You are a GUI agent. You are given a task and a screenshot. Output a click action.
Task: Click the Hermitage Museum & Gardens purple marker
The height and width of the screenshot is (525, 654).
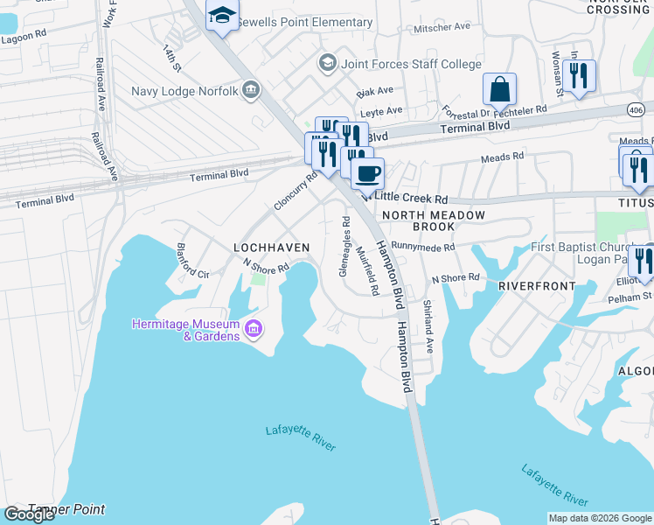pyautogui.click(x=254, y=329)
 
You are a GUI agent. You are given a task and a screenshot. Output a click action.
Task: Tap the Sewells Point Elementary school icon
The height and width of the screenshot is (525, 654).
pyautogui.click(x=222, y=16)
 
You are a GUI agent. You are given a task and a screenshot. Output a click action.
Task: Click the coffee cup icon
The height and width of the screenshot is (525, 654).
pyautogui.click(x=368, y=172)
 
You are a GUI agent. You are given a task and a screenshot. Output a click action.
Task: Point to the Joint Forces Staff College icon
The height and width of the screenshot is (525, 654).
pyautogui.click(x=327, y=63)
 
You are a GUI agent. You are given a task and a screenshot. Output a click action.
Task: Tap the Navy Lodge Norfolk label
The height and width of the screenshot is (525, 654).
pyautogui.click(x=186, y=90)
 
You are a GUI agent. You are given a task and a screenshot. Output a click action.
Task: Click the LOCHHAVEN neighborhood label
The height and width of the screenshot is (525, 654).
pyautogui.click(x=271, y=248)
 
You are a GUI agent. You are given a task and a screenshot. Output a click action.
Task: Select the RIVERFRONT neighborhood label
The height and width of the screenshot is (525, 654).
pyautogui.click(x=537, y=286)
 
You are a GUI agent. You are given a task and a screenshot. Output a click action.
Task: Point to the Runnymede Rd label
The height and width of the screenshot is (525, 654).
pyautogui.click(x=423, y=248)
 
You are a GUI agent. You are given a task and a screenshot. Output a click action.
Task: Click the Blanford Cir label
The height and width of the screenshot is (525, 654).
pyautogui.click(x=192, y=261)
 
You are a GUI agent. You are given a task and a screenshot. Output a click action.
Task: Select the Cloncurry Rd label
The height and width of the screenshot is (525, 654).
pyautogui.click(x=295, y=190)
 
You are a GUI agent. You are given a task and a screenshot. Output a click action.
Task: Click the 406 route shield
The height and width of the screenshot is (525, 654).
pyautogui.click(x=636, y=108)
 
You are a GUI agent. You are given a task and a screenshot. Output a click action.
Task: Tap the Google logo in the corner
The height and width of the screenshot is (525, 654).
pyautogui.click(x=29, y=514)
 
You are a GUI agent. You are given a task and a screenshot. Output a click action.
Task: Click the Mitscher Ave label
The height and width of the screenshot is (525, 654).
pyautogui.click(x=443, y=27)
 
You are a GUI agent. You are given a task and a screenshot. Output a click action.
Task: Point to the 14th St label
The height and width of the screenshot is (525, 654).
pyautogui.click(x=171, y=59)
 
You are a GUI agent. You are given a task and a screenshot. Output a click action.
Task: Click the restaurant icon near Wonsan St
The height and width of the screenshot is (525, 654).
pyautogui.click(x=579, y=76)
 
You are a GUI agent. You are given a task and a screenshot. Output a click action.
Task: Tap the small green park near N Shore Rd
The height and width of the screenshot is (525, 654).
pyautogui.click(x=258, y=278)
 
